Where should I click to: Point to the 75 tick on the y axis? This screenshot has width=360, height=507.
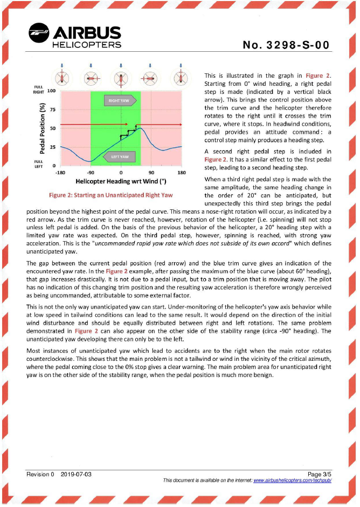pos(52,110)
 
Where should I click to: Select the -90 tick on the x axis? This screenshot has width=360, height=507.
pos(91,173)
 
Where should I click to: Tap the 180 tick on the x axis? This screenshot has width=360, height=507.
pos(182,173)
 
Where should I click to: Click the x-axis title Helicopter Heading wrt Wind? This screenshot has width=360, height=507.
pos(120,181)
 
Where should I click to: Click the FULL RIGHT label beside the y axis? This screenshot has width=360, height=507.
pos(38,89)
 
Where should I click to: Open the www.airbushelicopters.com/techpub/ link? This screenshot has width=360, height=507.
pos(292,480)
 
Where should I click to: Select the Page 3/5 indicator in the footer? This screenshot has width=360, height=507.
pos(318,474)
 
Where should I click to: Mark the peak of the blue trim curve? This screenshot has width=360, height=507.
pos(140,128)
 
